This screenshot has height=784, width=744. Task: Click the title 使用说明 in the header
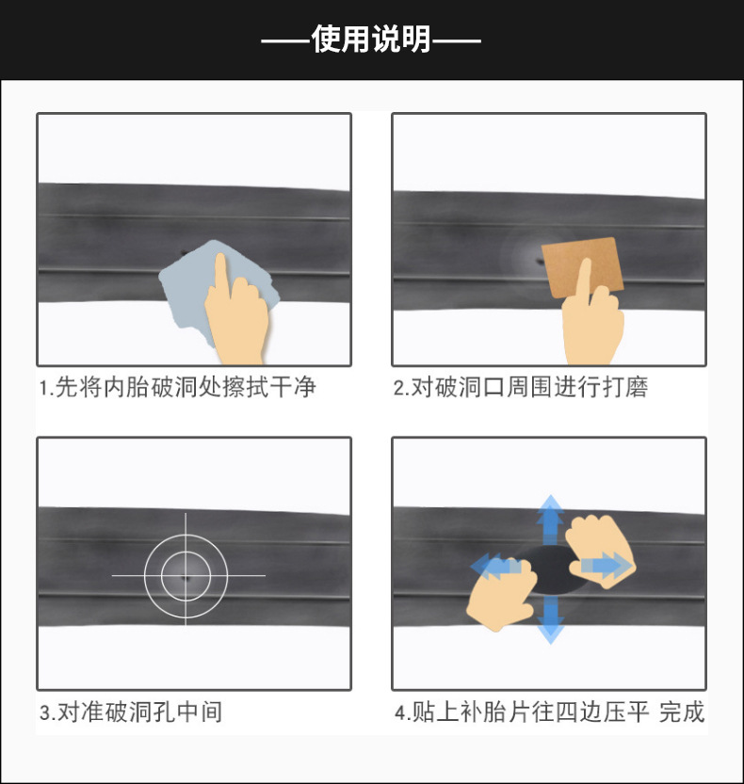coord(371,40)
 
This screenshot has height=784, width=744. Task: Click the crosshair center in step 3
coord(186,575)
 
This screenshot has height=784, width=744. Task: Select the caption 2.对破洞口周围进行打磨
coord(521,387)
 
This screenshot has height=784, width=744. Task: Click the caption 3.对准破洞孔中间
coord(131,712)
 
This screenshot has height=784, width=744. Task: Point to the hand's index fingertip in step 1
coord(218,258)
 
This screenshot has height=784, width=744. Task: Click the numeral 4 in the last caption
coord(399,712)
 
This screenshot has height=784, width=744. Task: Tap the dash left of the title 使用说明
coord(285,40)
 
